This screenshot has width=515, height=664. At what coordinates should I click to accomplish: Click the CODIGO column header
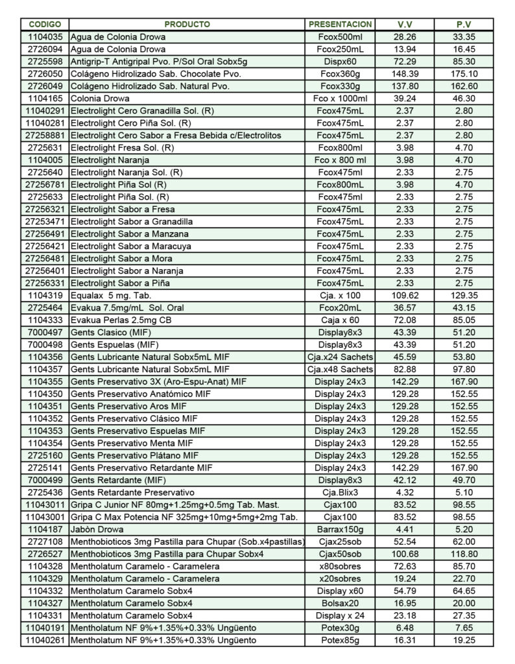[x=45, y=24]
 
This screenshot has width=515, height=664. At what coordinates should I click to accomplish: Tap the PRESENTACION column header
[x=341, y=24]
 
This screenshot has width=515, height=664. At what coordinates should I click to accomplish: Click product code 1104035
[x=45, y=36]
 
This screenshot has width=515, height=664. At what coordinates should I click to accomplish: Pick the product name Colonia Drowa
[x=97, y=98]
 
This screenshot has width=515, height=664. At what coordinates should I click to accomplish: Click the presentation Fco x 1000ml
[x=341, y=98]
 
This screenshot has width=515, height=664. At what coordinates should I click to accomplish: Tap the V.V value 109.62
[x=405, y=295]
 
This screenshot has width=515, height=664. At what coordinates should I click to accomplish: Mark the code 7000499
[x=45, y=480]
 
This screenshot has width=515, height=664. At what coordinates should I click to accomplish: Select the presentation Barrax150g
[x=341, y=529]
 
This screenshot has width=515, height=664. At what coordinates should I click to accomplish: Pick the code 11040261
[x=45, y=640]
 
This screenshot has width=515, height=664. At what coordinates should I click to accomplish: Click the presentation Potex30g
[x=341, y=628]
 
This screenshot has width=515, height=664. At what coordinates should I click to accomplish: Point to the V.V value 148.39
[x=405, y=73]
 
